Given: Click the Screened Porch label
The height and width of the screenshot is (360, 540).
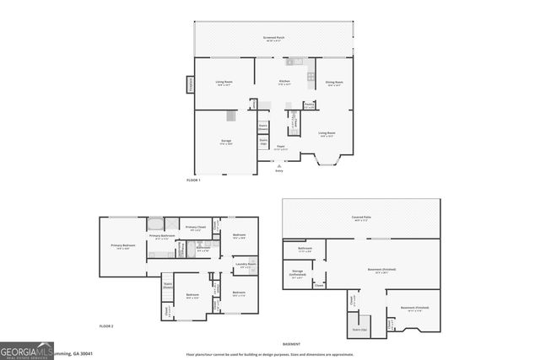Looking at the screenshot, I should click(x=272, y=38).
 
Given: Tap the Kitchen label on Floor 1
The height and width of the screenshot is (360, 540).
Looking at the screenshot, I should click(x=284, y=82).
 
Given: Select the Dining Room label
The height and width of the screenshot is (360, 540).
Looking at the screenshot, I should click(x=334, y=83).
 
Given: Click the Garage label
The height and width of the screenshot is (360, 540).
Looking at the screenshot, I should click(x=226, y=141).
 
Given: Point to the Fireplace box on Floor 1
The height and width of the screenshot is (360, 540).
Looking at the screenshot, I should click(x=190, y=85).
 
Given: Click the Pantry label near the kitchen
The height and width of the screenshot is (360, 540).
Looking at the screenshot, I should click(x=309, y=105).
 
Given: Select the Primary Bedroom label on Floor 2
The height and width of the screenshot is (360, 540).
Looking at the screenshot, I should click(x=122, y=246).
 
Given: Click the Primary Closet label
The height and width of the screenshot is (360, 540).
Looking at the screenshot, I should click(x=196, y=228).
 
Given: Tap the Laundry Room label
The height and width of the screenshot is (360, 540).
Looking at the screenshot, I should click(x=246, y=265).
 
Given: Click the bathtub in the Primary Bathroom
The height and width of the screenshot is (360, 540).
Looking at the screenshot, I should click(x=156, y=224).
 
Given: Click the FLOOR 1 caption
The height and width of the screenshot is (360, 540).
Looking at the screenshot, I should click(x=194, y=180).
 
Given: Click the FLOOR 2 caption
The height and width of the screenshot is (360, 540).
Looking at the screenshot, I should click(x=106, y=325).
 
